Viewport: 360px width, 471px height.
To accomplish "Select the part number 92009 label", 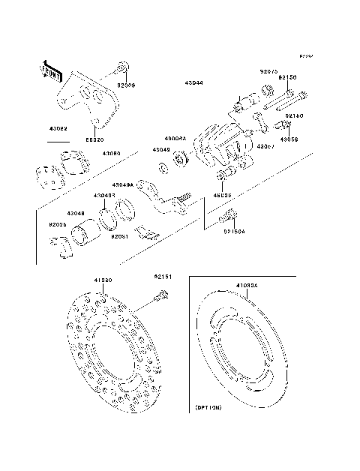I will click(126, 85).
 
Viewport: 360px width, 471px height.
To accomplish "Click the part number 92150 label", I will click(287, 77).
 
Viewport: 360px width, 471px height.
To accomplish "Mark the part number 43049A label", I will click(123, 184).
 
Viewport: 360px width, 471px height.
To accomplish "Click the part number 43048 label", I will click(75, 213).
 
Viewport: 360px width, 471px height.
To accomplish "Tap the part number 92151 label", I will click(163, 276).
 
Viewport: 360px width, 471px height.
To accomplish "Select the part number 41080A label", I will click(247, 286).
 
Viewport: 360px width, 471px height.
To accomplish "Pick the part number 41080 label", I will click(103, 280).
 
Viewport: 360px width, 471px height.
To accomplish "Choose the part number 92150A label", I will click(235, 232).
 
